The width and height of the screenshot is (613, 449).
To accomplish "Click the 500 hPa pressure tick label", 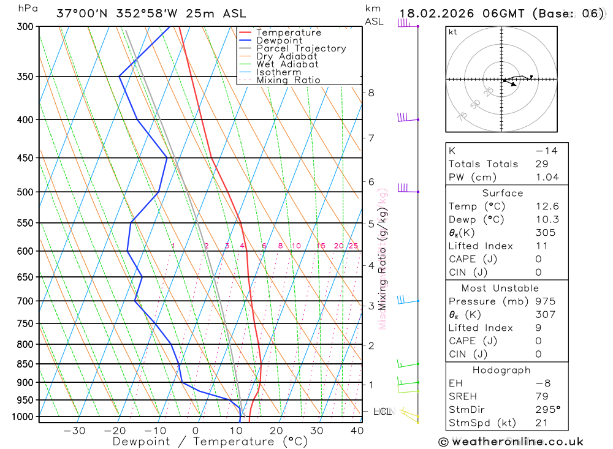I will click(26, 192).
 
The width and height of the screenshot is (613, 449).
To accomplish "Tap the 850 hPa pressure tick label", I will click(26, 364).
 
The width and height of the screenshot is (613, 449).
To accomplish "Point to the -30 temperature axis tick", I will click(74, 431).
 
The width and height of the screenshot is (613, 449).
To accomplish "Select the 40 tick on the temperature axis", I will click(356, 431).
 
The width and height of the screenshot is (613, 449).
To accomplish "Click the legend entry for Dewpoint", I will click(279, 40).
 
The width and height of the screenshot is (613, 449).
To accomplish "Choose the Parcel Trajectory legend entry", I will click(300, 48).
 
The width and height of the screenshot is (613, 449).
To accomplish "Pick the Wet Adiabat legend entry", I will click(287, 64).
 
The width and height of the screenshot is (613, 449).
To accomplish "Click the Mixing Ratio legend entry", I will click(288, 80).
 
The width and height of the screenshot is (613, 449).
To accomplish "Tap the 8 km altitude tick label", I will click(371, 93).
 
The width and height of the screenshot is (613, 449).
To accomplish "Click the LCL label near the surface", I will click(382, 411).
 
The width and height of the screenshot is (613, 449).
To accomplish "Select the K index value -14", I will click(546, 151).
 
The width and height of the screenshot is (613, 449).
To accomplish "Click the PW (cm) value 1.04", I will click(547, 178).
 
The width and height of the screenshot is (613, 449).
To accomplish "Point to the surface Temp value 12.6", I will click(547, 206).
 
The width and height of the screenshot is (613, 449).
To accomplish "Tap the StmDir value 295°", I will click(547, 410).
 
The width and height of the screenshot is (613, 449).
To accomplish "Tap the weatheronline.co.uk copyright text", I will click(511, 442).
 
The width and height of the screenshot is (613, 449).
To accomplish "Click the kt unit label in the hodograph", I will click(453, 32).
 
